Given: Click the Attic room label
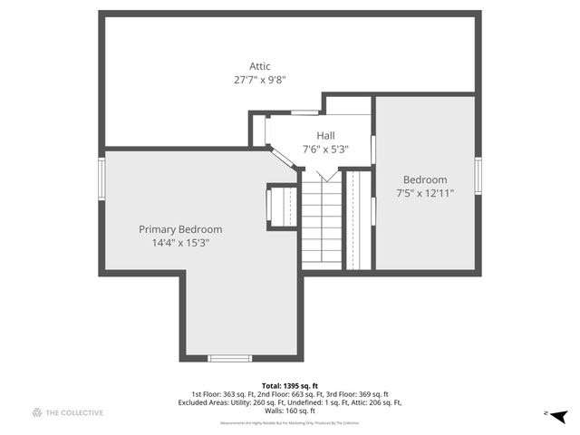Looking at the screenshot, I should click(x=260, y=66).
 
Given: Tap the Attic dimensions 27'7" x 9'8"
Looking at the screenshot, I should click(x=260, y=80).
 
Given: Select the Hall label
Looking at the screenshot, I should click(x=325, y=136).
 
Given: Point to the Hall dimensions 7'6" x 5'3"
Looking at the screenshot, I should click(x=325, y=150).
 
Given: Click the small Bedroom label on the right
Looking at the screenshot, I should click(x=425, y=179).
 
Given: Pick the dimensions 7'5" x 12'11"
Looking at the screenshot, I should click(x=425, y=193).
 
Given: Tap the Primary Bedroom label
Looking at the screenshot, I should click(x=180, y=229).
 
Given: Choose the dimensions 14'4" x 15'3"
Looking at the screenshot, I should click(x=180, y=243).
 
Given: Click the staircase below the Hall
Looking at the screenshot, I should click(x=321, y=222).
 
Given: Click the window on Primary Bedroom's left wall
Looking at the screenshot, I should click(x=102, y=178).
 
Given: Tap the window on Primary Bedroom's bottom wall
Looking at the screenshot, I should click(x=229, y=358).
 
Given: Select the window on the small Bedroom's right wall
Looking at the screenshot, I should click(x=478, y=176).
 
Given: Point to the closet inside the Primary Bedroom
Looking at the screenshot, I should click(x=283, y=206).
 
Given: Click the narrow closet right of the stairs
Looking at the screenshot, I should click(x=359, y=220).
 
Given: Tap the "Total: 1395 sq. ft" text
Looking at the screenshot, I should click(x=289, y=385).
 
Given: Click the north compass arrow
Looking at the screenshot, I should click(x=559, y=416).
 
